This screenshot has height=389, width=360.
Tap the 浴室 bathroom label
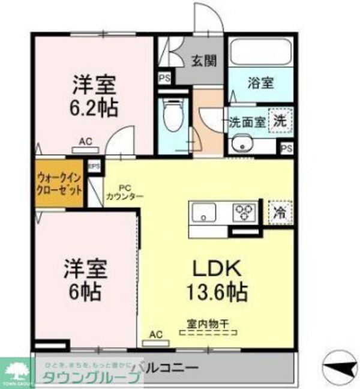(260, 83)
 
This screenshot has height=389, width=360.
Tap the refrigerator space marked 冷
(279, 212)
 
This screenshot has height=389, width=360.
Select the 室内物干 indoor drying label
(207, 324)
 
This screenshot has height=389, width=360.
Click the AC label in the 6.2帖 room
(85, 142)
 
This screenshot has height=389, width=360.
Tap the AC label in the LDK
(155, 334)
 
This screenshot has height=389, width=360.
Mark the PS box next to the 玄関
(163, 77)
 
